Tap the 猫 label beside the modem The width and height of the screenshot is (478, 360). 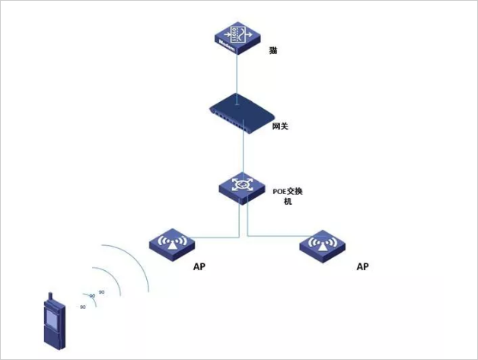pos(273,51)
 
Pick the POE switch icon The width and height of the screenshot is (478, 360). pos(237,186)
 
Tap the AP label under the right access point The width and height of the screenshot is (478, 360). pos(362,266)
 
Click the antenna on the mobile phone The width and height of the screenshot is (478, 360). pos(50,296)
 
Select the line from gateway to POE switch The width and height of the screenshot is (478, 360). pos(239,152)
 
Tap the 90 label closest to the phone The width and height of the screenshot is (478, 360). pos(82,306)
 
